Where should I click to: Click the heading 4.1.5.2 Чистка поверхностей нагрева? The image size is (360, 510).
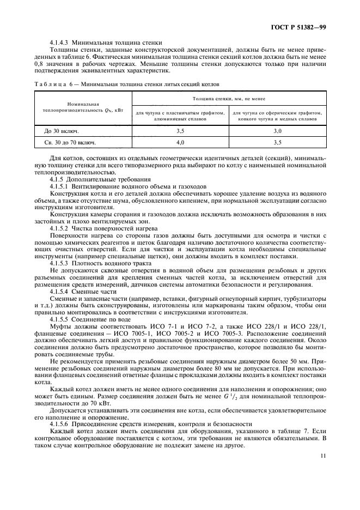pyautogui.click(x=96, y=228)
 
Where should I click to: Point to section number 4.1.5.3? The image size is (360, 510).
pyautogui.click(x=60, y=263)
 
